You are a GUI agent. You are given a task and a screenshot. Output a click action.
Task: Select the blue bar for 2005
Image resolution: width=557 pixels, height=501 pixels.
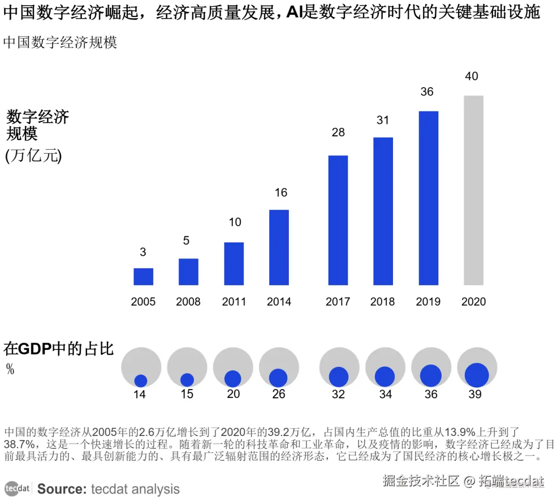143,277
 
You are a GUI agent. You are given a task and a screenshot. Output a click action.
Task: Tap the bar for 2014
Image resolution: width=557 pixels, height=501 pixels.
279,247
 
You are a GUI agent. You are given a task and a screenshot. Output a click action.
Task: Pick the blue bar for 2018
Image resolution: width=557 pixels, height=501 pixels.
383,211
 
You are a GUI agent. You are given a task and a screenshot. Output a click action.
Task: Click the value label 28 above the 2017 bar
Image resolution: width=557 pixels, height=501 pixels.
338,133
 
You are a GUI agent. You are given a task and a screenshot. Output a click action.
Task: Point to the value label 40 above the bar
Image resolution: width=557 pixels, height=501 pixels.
471,76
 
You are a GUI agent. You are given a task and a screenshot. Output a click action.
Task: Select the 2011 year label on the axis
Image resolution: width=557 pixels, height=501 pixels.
234,302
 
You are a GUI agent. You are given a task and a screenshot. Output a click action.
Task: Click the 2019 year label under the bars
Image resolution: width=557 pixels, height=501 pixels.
428,302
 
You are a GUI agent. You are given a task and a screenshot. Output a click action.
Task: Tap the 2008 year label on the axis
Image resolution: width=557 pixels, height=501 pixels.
188,302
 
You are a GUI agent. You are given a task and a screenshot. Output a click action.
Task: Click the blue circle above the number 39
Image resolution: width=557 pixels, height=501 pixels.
477,375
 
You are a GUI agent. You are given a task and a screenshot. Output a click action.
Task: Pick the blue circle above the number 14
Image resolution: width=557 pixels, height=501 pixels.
141,381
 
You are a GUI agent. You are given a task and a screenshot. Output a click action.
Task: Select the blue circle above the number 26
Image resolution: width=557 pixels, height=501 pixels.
278,378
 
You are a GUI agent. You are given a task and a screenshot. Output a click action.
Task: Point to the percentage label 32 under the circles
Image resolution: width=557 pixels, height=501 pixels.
338,395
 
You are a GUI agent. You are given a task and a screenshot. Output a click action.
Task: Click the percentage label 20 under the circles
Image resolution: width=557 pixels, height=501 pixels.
233,395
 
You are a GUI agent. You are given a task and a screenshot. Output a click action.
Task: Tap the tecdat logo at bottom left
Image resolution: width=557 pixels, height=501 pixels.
18,489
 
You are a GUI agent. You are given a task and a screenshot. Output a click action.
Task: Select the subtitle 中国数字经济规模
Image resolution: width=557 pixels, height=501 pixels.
60,42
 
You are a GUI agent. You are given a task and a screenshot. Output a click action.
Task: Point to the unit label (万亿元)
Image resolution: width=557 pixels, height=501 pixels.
34,156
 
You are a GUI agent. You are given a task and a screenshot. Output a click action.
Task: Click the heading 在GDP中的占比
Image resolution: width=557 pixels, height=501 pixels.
58,349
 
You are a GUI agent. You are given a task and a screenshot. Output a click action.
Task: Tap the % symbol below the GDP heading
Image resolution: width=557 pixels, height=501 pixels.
10,369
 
